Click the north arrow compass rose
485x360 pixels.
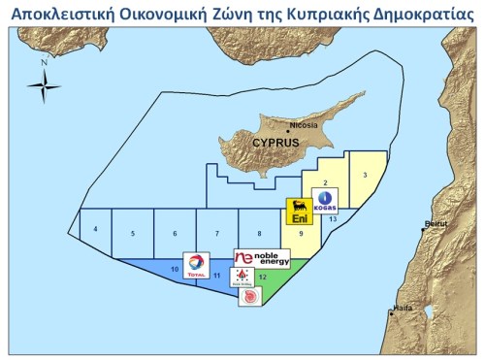click(x=44, y=85)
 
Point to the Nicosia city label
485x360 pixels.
click(x=306, y=126)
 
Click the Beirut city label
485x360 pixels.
click(x=438, y=224)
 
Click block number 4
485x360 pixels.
click(x=95, y=230)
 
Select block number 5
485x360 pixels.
click(x=133, y=234)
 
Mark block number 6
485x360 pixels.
click(x=175, y=234)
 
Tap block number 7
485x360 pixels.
click(x=216, y=234)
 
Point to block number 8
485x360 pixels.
click(x=259, y=234)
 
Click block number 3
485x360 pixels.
click(x=364, y=174)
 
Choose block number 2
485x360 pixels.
click(x=325, y=182)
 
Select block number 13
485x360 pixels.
click(x=333, y=220)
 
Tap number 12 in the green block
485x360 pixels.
click(x=263, y=277)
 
